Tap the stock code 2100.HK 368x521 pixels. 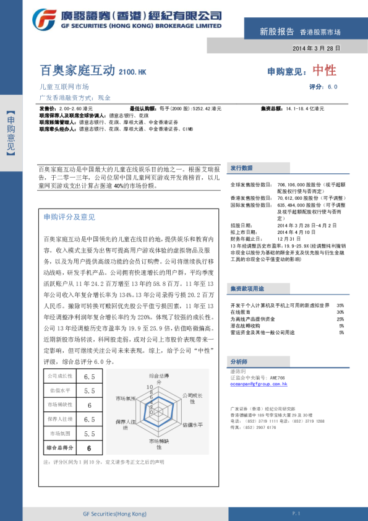click(x=132, y=72)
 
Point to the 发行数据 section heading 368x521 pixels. click(x=241, y=168)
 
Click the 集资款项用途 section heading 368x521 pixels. click(x=247, y=288)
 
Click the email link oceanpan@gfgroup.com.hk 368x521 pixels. click(x=259, y=384)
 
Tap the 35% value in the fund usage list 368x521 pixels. click(x=340, y=306)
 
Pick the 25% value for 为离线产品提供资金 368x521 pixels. click(x=340, y=319)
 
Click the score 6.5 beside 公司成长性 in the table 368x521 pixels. click(x=90, y=376)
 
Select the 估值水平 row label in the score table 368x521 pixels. click(x=60, y=391)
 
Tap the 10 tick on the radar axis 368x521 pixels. click(x=149, y=386)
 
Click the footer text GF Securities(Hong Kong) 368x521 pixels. click(x=114, y=514)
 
